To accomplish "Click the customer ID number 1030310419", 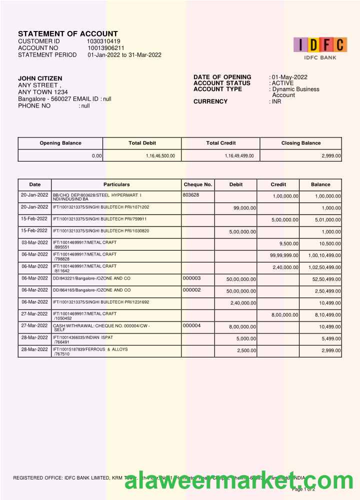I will [103, 41].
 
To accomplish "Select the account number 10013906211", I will [106, 48].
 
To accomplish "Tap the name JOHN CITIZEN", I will [40, 78].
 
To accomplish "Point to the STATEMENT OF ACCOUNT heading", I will [68, 33].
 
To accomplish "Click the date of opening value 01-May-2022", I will [289, 77].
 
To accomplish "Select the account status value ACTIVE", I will [282, 83].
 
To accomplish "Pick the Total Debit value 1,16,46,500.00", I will [160, 156].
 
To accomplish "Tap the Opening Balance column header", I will [60, 143].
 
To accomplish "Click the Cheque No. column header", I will [198, 184].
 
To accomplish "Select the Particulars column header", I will [116, 184].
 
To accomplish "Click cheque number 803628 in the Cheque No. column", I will [191, 194].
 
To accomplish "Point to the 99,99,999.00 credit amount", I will [284, 255].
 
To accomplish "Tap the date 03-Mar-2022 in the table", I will [34, 242].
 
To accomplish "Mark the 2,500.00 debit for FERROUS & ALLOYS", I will [246, 350].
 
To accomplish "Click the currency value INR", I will [276, 101].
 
